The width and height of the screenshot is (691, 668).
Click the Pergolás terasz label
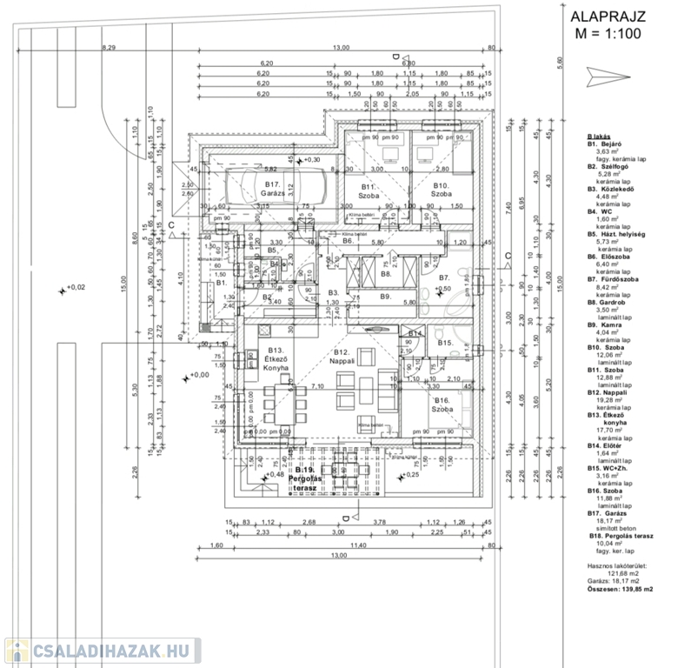click(x=303, y=479)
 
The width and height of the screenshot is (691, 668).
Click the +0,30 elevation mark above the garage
click(x=308, y=161)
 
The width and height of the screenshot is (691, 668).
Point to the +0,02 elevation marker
click(x=71, y=289)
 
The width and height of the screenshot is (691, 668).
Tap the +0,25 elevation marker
click(x=409, y=476)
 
